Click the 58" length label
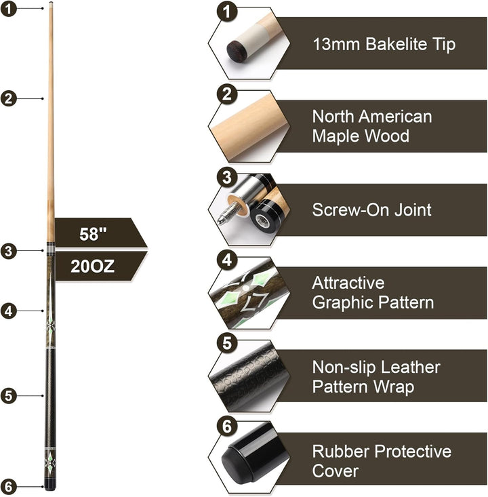pos(93,234)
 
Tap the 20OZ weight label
pos(92,266)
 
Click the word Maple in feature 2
pos(336,136)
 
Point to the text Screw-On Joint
pos(371,210)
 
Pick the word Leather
pos(410,367)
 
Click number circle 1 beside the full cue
pos(9,9)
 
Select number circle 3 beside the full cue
pos(9,251)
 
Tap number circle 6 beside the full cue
pos(9,487)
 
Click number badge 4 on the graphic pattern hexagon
pos(227,260)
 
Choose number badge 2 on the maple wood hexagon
pos(227,94)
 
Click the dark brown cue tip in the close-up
pos(237,51)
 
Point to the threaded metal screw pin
pos(227,212)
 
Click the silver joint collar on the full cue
pos(50,248)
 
